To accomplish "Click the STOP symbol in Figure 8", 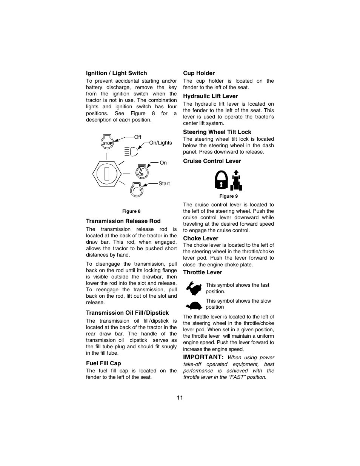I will [x=108, y=143].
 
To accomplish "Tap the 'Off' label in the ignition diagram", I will [x=138, y=137].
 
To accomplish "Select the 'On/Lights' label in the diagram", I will [x=160, y=143].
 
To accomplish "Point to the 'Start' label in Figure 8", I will [x=164, y=183].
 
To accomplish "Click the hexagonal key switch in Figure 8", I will [x=107, y=174].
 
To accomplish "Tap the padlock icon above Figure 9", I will [x=221, y=180].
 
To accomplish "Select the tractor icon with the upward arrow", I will [x=237, y=180].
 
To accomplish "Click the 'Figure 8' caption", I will [x=131, y=211].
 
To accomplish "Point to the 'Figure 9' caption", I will [x=229, y=196].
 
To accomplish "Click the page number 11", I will [x=180, y=398].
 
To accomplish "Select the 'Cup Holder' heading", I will [x=199, y=73].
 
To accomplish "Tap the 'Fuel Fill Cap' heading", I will [x=103, y=363].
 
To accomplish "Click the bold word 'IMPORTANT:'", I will [x=203, y=357].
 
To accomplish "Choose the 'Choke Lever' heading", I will [x=201, y=238].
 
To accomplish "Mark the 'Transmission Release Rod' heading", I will [x=123, y=221].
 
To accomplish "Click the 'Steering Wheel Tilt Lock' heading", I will [x=217, y=132].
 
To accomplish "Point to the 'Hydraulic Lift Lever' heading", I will [x=211, y=96].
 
